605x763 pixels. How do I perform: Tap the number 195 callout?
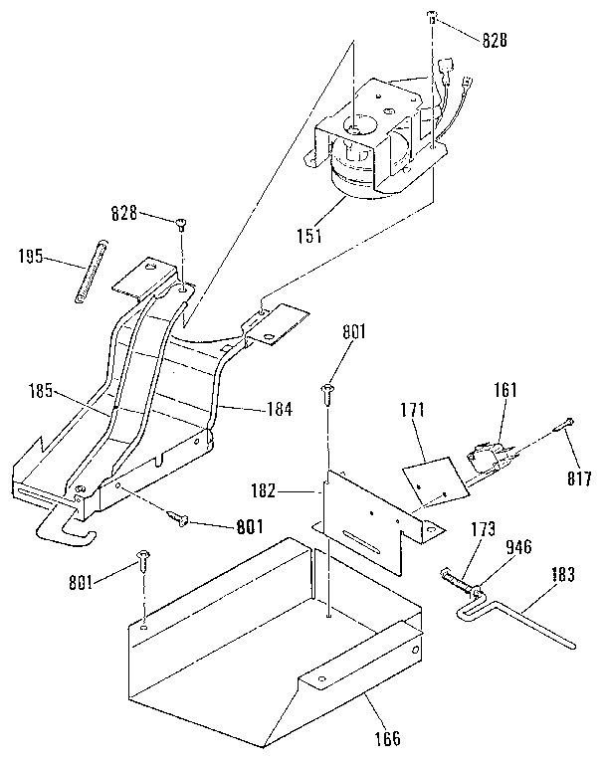coord(31,256)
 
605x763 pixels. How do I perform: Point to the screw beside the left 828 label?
coord(181,223)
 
